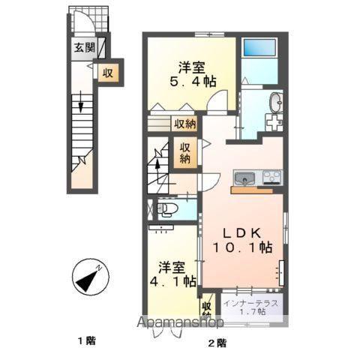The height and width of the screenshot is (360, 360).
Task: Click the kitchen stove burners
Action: tap(271, 178)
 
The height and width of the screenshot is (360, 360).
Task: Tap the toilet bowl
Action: tap(166, 208)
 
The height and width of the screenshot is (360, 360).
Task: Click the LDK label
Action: tap(238, 229)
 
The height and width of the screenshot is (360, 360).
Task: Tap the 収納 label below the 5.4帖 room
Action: tap(185, 124)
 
